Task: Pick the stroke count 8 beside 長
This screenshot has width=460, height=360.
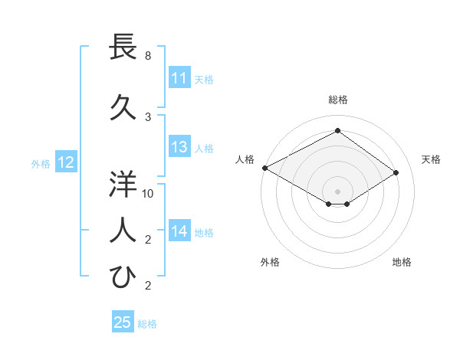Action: click(x=148, y=56)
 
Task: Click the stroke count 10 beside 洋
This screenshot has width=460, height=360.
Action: click(x=148, y=193)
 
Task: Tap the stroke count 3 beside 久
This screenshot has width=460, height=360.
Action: click(x=148, y=116)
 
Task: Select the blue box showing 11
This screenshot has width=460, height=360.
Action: click(x=179, y=78)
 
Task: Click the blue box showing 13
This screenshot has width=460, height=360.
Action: click(x=179, y=148)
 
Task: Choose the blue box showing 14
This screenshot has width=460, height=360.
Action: click(x=179, y=232)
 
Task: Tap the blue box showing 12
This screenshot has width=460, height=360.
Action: click(x=65, y=162)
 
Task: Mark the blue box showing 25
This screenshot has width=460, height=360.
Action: click(x=123, y=322)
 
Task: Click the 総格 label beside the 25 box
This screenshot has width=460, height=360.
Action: click(x=147, y=324)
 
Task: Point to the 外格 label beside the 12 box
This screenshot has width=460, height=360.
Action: click(x=41, y=163)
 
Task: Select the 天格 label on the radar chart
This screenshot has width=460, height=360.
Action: click(x=432, y=159)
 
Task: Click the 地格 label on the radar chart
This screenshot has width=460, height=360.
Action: click(x=402, y=262)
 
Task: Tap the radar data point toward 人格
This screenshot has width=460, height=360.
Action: click(x=264, y=168)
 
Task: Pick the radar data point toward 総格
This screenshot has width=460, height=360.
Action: click(x=337, y=130)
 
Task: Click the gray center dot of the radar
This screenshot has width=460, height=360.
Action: click(x=337, y=190)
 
